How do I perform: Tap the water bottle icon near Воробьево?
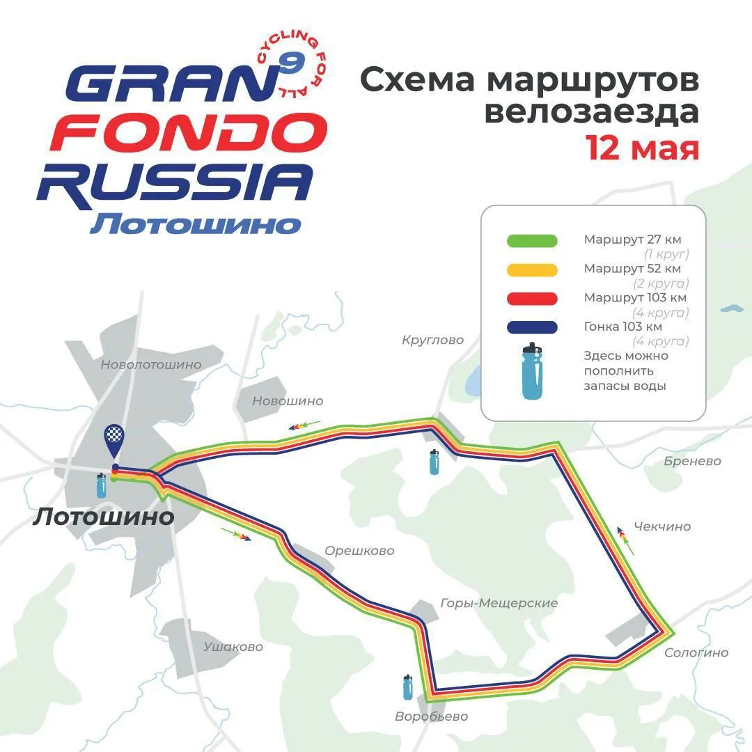click(408, 687)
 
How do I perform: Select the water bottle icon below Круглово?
click(434, 462)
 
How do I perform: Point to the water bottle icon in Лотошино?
click(102, 485)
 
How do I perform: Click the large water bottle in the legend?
click(532, 371)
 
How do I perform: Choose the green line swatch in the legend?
click(531, 241)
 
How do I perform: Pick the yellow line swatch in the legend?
click(531, 269)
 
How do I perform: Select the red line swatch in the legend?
click(531, 298)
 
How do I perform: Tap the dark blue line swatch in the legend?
click(531, 327)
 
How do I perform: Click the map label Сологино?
click(696, 652)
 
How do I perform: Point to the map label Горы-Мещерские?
click(499, 603)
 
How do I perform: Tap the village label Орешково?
click(359, 551)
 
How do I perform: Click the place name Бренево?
click(692, 461)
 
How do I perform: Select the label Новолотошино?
click(150, 364)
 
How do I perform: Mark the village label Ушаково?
click(233, 647)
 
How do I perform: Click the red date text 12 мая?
click(642, 148)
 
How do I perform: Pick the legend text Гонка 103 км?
click(622, 327)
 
